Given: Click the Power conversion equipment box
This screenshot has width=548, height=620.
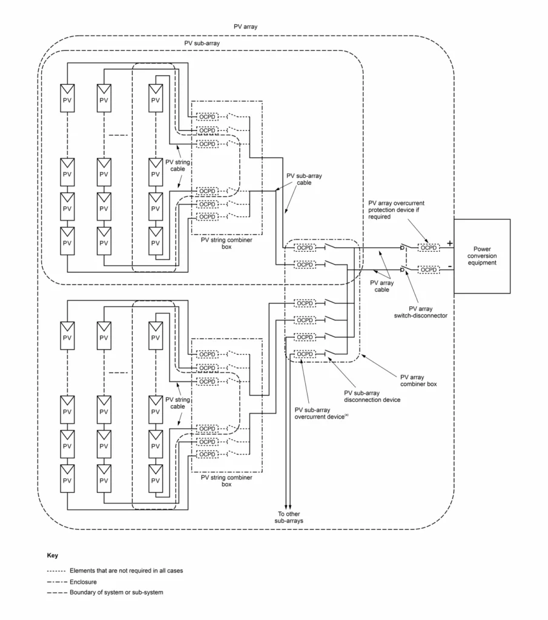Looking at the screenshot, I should tap(482, 256).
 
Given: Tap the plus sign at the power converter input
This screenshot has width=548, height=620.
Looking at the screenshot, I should tap(449, 243).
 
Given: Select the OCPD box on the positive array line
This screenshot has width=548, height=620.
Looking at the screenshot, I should tap(429, 248).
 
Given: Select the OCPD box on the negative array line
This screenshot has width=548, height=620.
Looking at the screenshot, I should tap(429, 269).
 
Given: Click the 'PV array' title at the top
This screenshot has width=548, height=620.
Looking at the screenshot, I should tap(246, 27).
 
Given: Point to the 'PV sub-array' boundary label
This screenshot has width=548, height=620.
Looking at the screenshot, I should tap(202, 44).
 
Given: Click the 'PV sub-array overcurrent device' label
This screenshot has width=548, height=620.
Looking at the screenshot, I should tap(322, 412).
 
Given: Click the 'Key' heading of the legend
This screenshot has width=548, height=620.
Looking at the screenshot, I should tap(52, 555).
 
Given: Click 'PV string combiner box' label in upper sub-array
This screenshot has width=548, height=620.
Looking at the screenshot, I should tap(226, 243).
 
